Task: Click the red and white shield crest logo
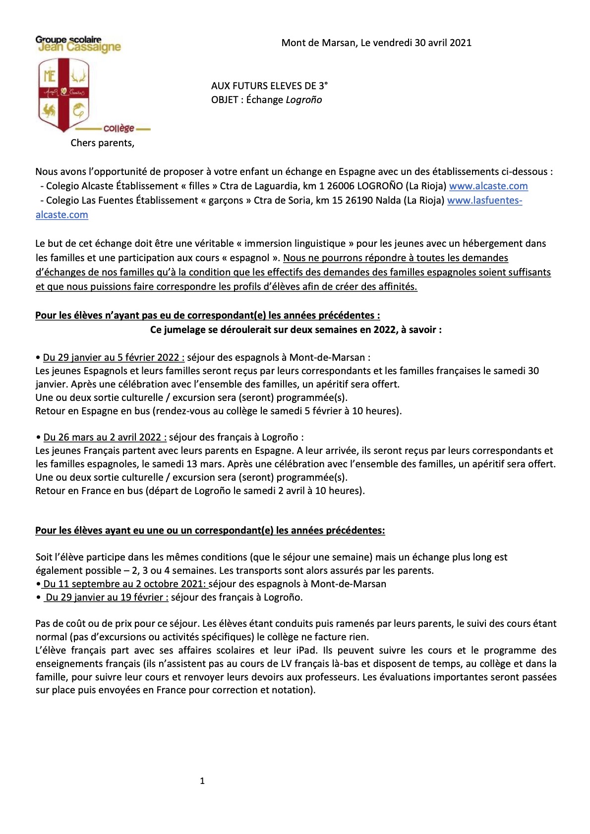(63, 95)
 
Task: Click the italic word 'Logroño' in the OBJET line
(304, 100)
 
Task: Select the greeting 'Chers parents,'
(102, 143)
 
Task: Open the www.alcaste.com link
(488, 186)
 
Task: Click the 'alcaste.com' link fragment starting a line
(62, 215)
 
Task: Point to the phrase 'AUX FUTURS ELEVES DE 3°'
(269, 86)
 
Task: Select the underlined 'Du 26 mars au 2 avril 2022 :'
(105, 437)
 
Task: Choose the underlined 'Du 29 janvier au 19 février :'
(107, 597)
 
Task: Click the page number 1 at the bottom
(202, 781)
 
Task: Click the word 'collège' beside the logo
(119, 128)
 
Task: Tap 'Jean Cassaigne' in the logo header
(79, 47)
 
